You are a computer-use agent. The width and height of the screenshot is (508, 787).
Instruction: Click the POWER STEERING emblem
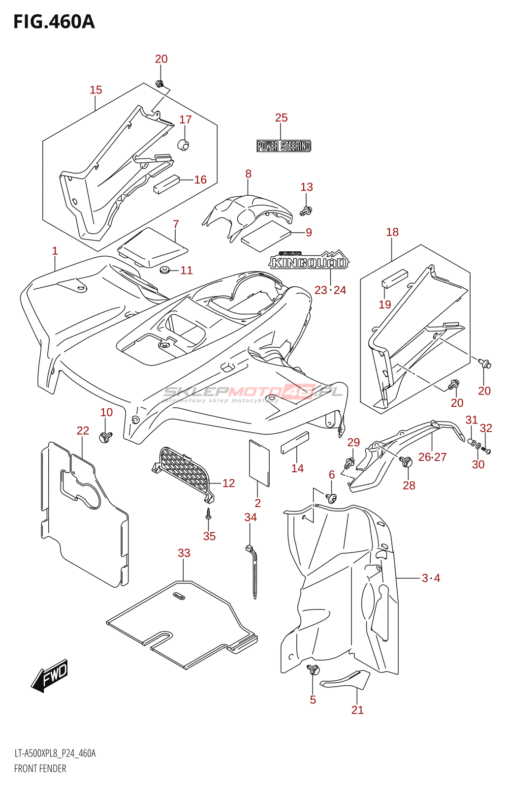tap(284, 146)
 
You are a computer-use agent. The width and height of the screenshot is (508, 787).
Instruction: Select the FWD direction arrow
tap(50, 675)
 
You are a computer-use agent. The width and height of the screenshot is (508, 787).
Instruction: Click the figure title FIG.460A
tap(54, 22)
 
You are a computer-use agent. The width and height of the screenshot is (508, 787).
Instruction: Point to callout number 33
tap(184, 553)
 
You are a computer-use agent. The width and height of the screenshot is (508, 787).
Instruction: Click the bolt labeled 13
tap(306, 211)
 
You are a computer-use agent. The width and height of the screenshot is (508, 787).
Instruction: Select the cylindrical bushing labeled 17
tap(184, 145)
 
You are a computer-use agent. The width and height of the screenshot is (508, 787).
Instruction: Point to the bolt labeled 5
tap(314, 669)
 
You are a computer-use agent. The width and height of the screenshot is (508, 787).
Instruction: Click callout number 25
tap(281, 118)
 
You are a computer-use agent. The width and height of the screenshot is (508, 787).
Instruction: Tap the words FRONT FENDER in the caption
tap(40, 768)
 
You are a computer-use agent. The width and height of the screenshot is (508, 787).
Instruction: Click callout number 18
tap(392, 232)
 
